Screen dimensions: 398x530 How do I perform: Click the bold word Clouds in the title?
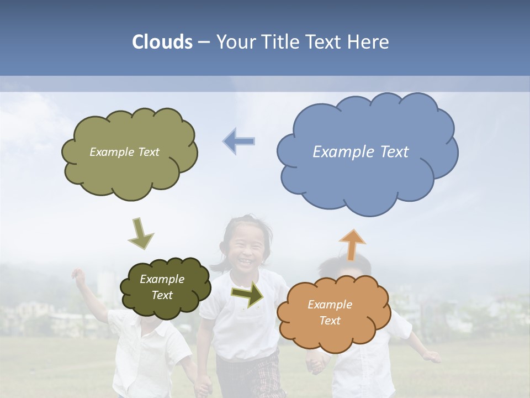(162, 42)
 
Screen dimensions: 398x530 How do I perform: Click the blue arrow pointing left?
(239, 141)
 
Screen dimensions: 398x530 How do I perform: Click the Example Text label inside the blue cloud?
(361, 152)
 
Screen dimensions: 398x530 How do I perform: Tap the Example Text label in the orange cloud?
(330, 312)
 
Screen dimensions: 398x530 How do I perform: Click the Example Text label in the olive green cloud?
(124, 152)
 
